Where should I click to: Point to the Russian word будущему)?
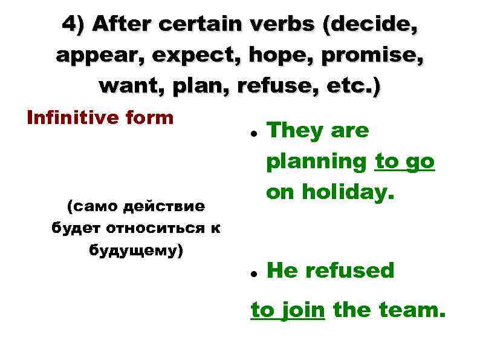click(x=136, y=249)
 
